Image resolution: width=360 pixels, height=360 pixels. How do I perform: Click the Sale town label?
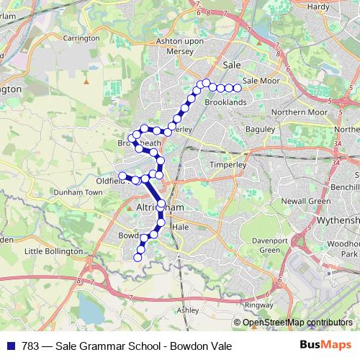(231, 64)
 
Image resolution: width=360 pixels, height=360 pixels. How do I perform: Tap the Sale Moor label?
(261, 81)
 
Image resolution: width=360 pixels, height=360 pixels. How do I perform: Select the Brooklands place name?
(225, 103)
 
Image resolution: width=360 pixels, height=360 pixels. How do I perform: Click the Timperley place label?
(228, 164)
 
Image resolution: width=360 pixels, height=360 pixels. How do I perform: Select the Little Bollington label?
(54, 251)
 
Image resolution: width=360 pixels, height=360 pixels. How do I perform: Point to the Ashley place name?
(188, 310)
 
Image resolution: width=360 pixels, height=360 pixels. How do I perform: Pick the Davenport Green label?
(269, 245)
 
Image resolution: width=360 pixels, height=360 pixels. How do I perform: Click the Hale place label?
(180, 226)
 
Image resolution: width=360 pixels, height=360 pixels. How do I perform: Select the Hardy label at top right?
(318, 6)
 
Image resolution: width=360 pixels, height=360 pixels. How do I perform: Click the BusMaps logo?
(328, 346)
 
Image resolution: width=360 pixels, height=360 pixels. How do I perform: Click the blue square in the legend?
(9, 346)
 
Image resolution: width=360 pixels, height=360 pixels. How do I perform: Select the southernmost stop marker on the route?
(138, 257)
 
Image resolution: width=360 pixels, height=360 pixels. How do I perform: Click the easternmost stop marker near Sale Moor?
(238, 89)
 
